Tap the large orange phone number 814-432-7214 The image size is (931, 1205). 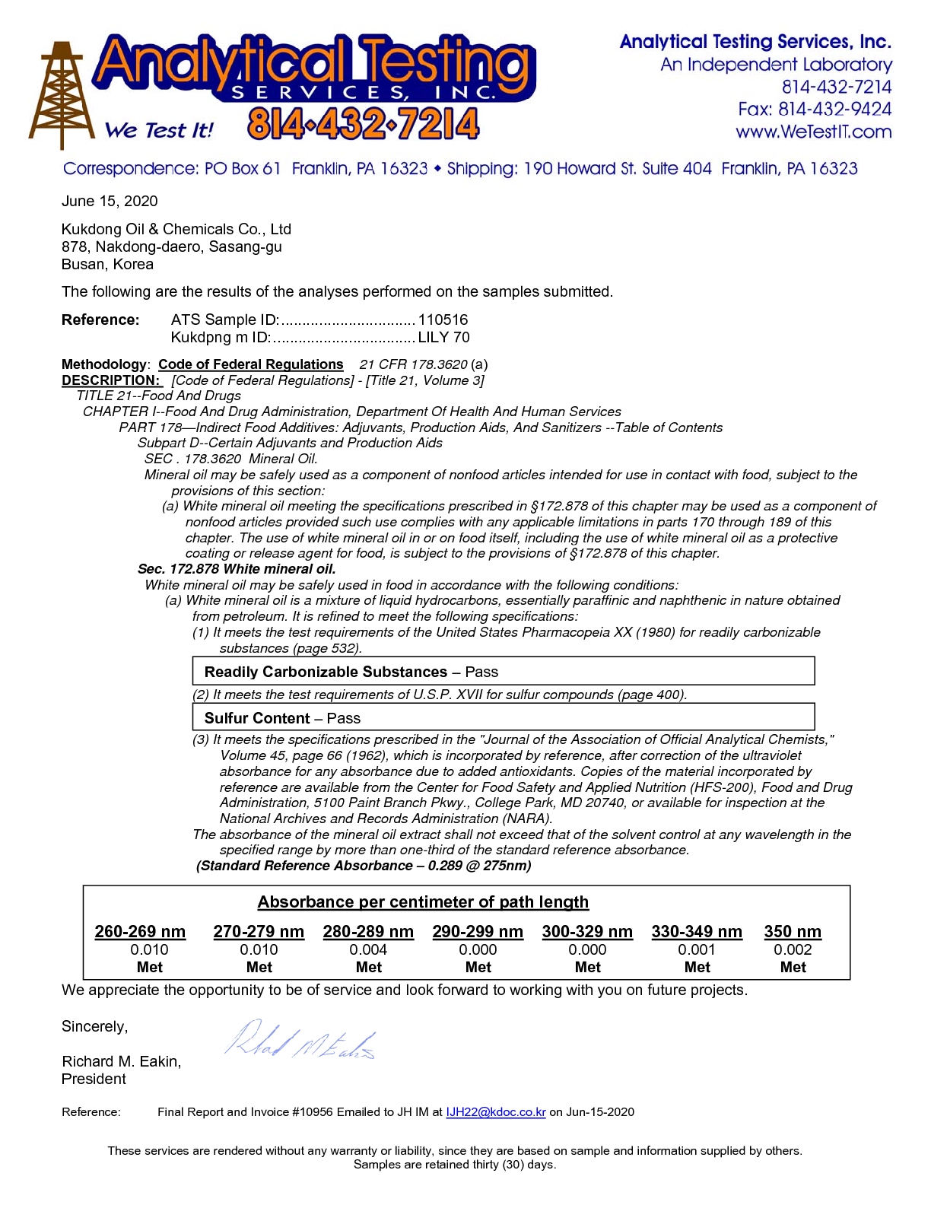point(364,124)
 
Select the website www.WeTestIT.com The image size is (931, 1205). point(813,132)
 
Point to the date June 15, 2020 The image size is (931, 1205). point(110,201)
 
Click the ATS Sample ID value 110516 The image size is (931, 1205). point(443,320)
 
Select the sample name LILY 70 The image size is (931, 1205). point(443,337)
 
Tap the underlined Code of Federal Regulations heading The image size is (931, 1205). point(250,364)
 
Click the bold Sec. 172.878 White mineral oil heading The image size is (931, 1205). point(237,569)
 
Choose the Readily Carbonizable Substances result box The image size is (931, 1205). point(503,672)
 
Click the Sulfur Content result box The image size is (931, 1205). point(503,717)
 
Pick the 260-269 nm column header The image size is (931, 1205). point(140,931)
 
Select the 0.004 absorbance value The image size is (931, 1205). point(368,949)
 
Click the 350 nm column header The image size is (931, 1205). point(793,931)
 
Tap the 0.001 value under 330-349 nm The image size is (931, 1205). point(697,949)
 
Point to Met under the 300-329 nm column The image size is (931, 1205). point(587,967)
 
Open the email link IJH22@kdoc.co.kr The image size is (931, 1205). point(495,1111)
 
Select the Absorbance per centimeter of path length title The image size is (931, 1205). point(423,902)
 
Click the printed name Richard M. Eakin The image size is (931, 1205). point(121,1061)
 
